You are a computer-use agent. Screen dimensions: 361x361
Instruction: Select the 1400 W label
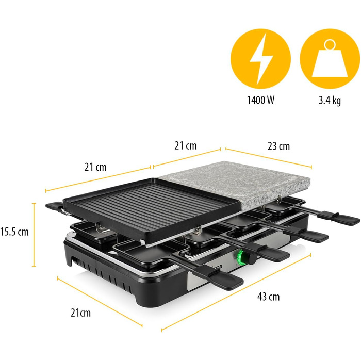tap(260, 101)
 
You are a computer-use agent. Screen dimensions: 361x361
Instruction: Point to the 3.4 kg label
tap(329, 101)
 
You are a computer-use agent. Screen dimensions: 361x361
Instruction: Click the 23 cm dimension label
tap(279, 146)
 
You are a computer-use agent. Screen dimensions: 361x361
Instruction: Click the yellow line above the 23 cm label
tap(268, 158)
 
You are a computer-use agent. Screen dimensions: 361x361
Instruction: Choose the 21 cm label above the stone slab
tap(186, 146)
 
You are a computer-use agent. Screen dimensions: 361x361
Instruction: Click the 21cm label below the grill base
tap(81, 313)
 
